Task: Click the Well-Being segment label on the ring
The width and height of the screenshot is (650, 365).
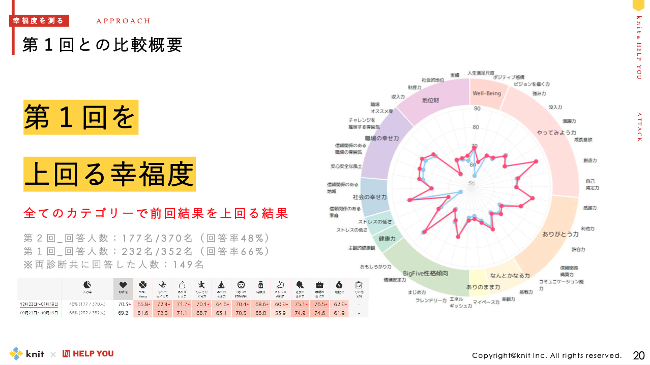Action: coord(487,93)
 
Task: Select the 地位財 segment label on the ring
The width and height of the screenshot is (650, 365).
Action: coord(430,101)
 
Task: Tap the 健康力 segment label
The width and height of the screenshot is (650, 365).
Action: coord(387,238)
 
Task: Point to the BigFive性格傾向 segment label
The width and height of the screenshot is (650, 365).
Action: coord(425,273)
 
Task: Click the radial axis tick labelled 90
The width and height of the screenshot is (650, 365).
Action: coord(477,109)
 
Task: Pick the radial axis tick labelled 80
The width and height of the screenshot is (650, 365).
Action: coord(476,127)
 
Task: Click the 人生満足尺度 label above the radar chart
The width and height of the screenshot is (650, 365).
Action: coord(481,73)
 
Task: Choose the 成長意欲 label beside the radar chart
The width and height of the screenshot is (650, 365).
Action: coord(583,139)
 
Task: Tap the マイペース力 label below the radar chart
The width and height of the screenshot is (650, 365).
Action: coord(486,302)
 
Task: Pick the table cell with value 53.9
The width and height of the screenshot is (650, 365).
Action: coord(280,313)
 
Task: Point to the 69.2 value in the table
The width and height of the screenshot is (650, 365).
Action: coord(123,313)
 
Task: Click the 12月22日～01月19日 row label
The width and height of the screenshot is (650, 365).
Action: coord(39,304)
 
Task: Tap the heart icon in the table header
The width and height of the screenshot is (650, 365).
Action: coord(123,285)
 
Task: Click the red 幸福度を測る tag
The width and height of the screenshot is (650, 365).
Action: coord(39,21)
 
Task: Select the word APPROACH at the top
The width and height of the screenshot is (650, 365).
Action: coord(123,21)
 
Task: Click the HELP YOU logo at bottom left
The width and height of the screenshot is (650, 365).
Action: coord(88,353)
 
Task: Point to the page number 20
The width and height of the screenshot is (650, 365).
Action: coord(638,355)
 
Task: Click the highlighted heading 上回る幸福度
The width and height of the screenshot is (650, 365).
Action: coord(109,175)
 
